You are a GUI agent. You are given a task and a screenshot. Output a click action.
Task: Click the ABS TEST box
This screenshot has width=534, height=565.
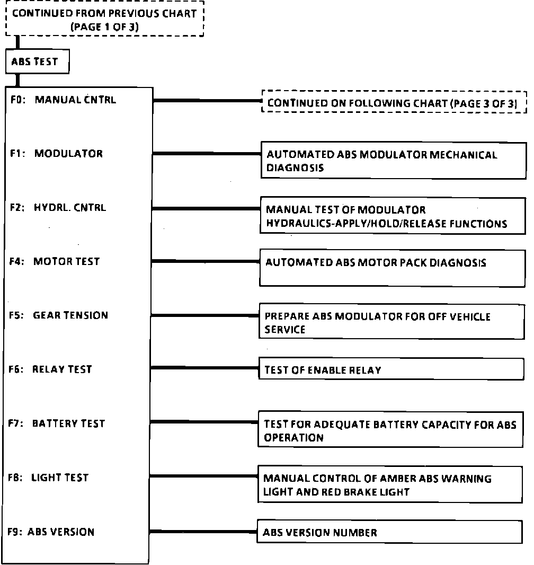[38, 62]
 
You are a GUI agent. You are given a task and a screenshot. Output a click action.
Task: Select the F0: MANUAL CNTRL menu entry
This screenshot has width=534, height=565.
[63, 100]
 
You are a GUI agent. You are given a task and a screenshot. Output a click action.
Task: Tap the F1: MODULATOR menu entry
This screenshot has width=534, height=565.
[57, 154]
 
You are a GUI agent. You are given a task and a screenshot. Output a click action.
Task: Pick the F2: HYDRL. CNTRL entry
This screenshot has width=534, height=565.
[58, 207]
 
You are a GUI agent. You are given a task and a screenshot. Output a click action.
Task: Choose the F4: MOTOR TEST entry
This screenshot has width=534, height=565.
[55, 261]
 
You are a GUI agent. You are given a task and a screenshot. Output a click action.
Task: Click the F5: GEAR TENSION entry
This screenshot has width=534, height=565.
[59, 315]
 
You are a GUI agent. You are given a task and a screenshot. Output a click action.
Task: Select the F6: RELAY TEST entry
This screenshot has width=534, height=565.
[51, 369]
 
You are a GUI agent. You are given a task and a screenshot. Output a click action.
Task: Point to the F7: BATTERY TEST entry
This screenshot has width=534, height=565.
[57, 423]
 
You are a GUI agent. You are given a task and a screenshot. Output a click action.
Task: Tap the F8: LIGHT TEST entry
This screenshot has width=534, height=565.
[49, 478]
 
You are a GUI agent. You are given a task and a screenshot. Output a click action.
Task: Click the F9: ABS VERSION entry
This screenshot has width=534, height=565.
[51, 532]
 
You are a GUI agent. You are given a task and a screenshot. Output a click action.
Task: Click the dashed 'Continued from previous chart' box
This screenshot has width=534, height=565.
[104, 20]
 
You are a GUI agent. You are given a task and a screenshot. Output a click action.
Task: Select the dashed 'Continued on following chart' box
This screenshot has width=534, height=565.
[394, 102]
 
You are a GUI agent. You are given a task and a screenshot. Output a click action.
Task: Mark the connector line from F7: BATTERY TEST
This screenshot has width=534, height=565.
[204, 422]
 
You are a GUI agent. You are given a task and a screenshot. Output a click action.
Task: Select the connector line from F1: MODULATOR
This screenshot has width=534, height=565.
[207, 154]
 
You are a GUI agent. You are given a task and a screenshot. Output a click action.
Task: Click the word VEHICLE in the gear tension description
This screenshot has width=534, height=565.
[470, 316]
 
